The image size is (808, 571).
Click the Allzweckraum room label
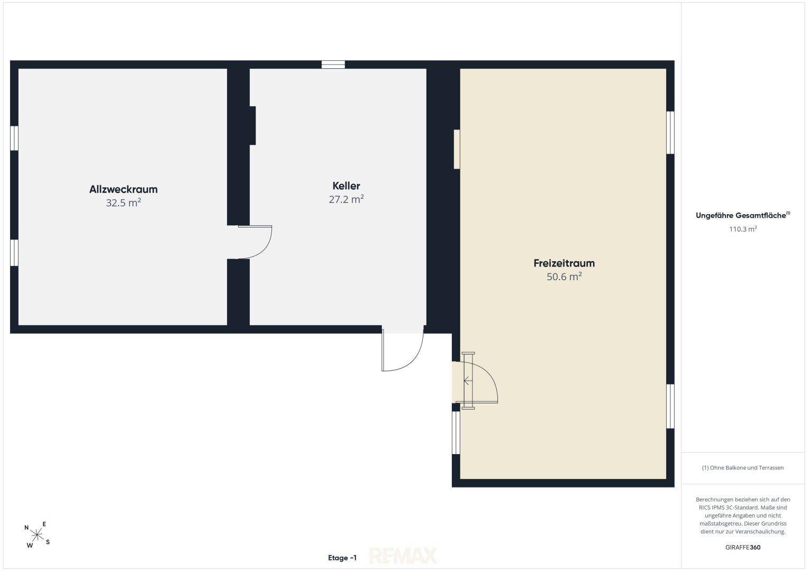[123, 189]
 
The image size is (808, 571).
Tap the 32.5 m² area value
[123, 202]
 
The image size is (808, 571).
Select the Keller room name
[346, 186]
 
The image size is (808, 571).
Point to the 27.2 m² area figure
[346, 199]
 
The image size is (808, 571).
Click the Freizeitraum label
[564, 263]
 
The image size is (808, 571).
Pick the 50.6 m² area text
[564, 277]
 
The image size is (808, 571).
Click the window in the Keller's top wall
[333, 65]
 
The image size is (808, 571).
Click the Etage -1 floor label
[342, 558]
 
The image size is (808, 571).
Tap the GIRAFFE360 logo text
[743, 547]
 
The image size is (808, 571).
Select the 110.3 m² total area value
[743, 229]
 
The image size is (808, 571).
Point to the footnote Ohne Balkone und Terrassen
[743, 467]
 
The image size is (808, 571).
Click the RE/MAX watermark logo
[403, 556]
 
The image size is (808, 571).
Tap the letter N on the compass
[26, 528]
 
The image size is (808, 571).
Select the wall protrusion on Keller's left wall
[252, 125]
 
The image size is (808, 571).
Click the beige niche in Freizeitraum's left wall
[457, 149]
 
